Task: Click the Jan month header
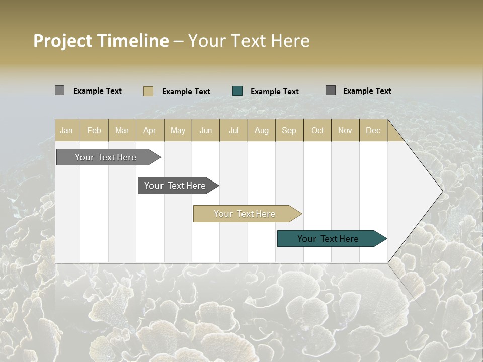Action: (66, 130)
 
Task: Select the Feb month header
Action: (94, 130)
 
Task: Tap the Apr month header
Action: (149, 130)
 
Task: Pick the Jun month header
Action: (206, 130)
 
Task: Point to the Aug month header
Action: (261, 130)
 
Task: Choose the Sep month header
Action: (289, 130)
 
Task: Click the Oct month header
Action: (317, 130)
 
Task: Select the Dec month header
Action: (373, 130)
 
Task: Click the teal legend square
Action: (237, 91)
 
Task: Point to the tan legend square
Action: (148, 91)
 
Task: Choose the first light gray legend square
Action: (60, 90)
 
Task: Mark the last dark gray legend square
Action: (331, 90)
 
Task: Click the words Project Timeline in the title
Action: (101, 41)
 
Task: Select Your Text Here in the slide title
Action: (249, 41)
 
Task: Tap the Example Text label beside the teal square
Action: (274, 92)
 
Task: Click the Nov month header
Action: (345, 130)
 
